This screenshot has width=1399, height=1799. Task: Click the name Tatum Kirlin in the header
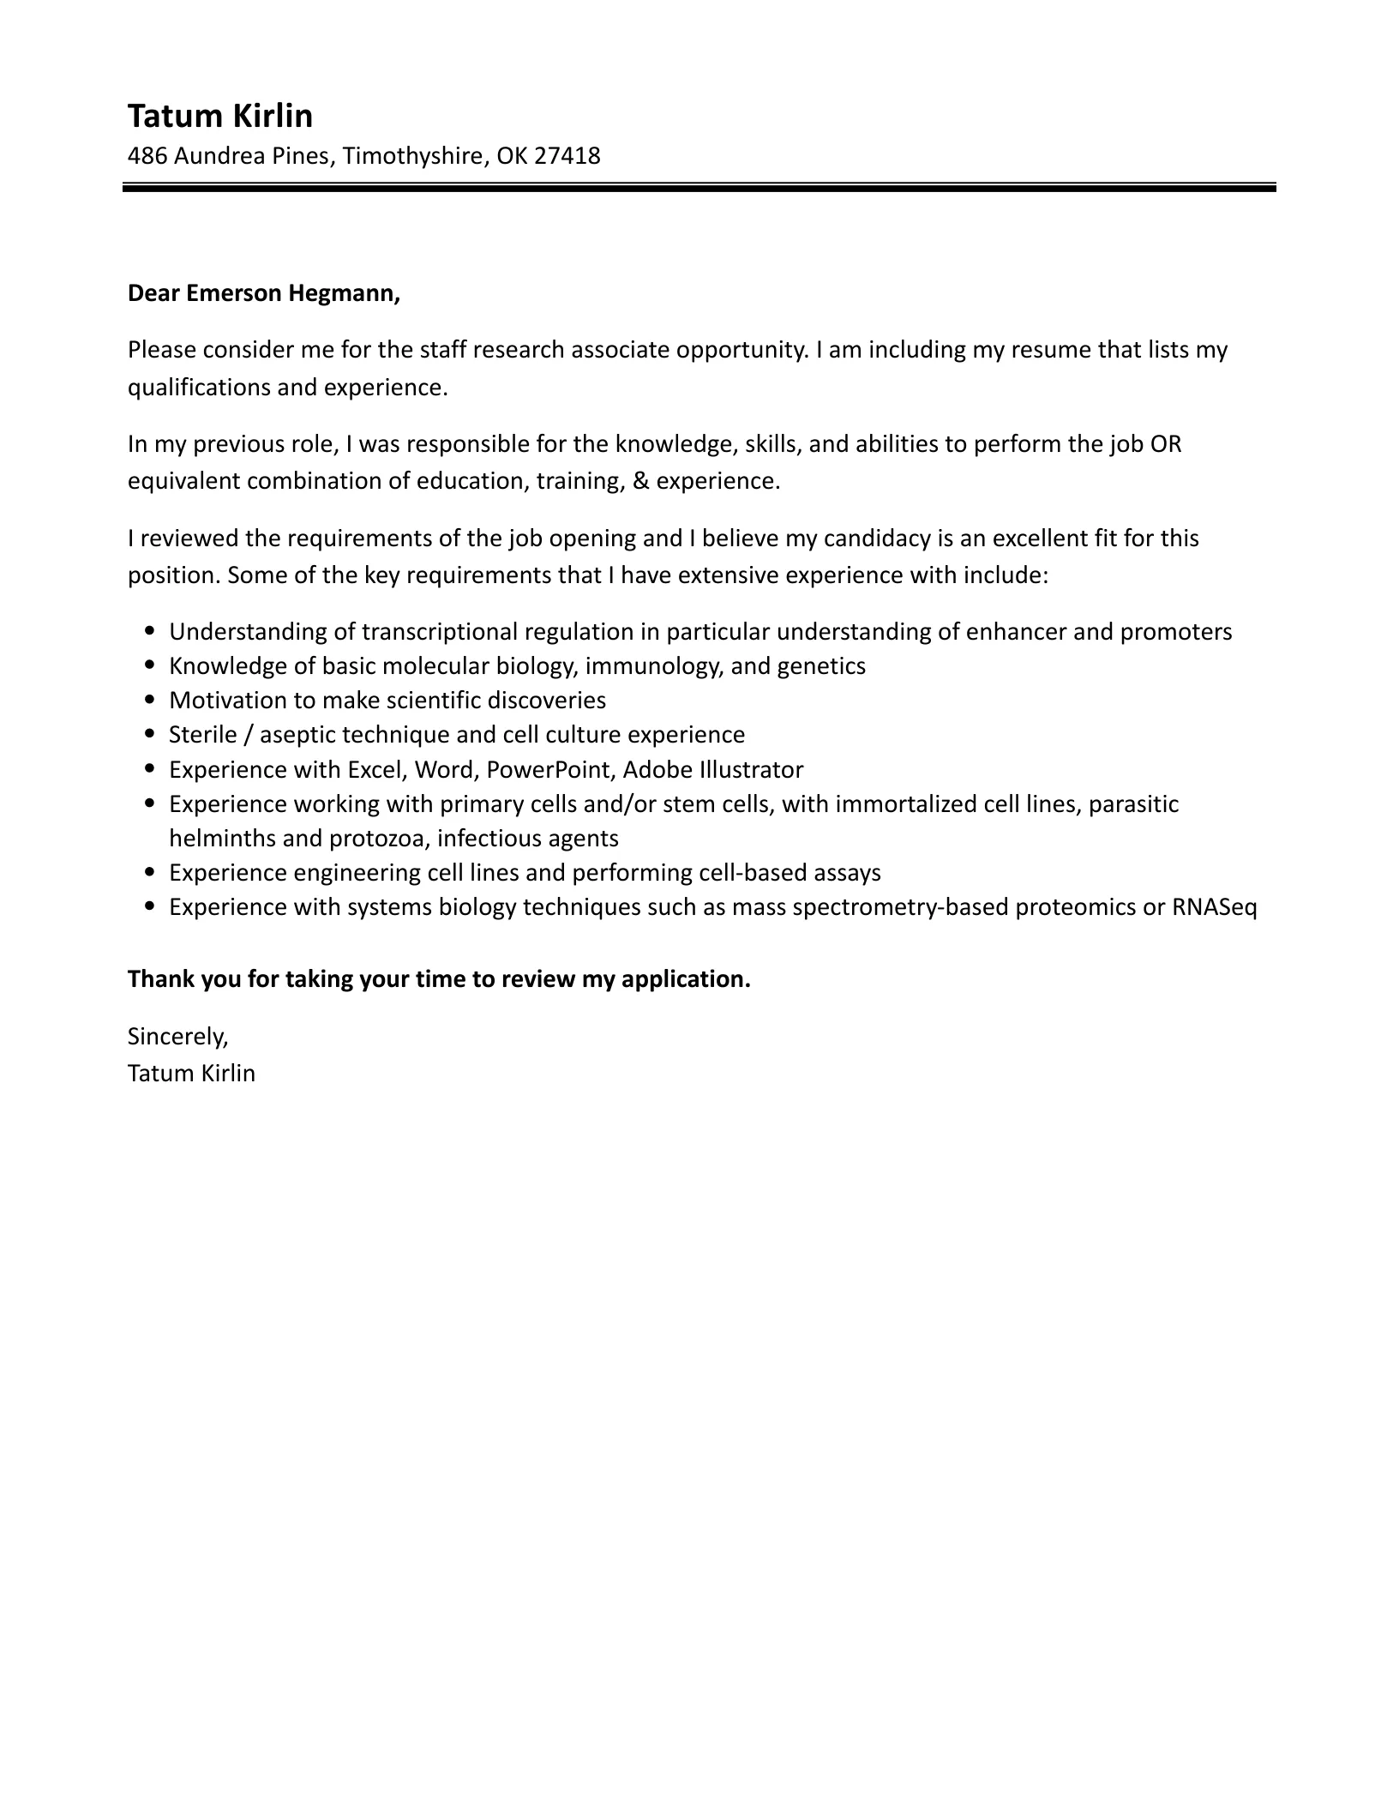click(x=220, y=116)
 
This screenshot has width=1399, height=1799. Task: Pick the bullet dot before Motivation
click(x=151, y=701)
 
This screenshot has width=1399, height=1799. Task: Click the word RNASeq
click(x=1214, y=907)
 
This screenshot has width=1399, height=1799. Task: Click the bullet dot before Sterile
click(x=151, y=735)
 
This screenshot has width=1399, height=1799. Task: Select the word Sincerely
click(x=177, y=1037)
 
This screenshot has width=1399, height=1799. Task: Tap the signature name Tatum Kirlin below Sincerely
click(x=191, y=1074)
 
